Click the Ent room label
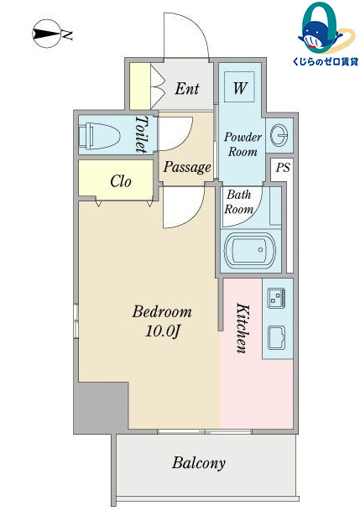[187, 89]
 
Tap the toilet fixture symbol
[99, 134]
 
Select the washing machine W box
[240, 86]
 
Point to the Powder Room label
[243, 144]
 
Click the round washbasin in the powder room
[279, 135]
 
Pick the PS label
[283, 168]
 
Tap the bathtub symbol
[250, 250]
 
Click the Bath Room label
[239, 201]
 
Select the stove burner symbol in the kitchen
[277, 298]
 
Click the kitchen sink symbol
[277, 337]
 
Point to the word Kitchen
[243, 328]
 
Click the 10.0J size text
[162, 331]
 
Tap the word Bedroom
[162, 312]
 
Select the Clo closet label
[121, 181]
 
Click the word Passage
[187, 167]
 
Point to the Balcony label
[198, 463]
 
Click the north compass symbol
[47, 34]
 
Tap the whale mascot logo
[326, 29]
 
